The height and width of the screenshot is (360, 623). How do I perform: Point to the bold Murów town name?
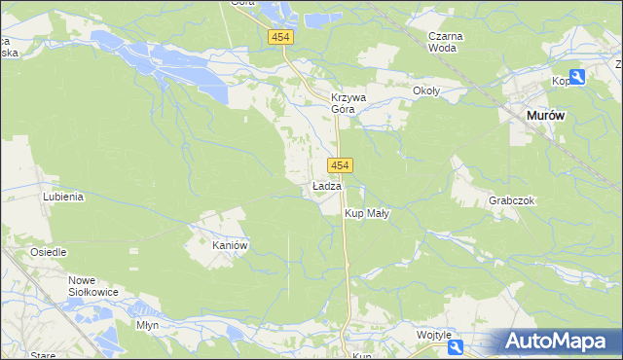[x=546, y=115]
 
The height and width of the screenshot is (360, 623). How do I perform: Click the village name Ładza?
[x=327, y=186]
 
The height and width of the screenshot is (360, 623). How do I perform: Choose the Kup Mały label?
[x=367, y=213]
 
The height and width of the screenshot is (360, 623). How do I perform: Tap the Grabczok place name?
[x=513, y=200]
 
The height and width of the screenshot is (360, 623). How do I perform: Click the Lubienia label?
[x=63, y=196]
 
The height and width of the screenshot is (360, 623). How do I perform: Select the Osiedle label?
[x=48, y=252]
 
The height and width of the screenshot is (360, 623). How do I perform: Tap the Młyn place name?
[x=148, y=325]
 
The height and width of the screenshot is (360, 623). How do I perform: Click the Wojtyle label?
[x=434, y=334]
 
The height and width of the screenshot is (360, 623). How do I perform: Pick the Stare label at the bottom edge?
[x=43, y=355]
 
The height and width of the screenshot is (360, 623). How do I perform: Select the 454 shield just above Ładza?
[x=340, y=165]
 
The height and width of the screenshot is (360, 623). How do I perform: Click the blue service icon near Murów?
[x=577, y=77]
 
